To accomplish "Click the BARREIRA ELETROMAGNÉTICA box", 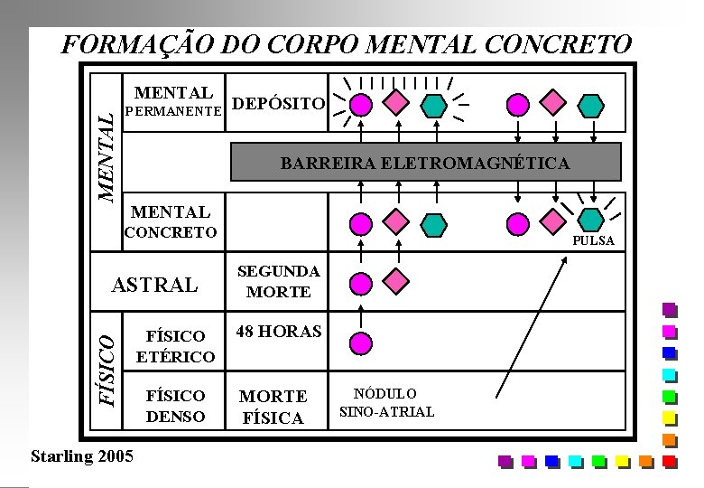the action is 426,164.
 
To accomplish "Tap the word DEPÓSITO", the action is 278,104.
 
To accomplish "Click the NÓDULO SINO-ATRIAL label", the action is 386,403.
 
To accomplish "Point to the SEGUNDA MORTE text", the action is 279,282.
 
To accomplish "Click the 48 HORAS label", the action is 279,332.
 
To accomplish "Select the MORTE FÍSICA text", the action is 273,407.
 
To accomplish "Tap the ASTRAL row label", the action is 153,286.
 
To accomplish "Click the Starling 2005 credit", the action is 81,455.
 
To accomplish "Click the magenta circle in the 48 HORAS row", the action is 360,343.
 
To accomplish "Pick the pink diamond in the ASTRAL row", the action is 394,280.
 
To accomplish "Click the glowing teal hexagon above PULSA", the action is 590,220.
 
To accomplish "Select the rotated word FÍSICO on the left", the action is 107,368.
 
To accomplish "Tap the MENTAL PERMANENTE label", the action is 173,102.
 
